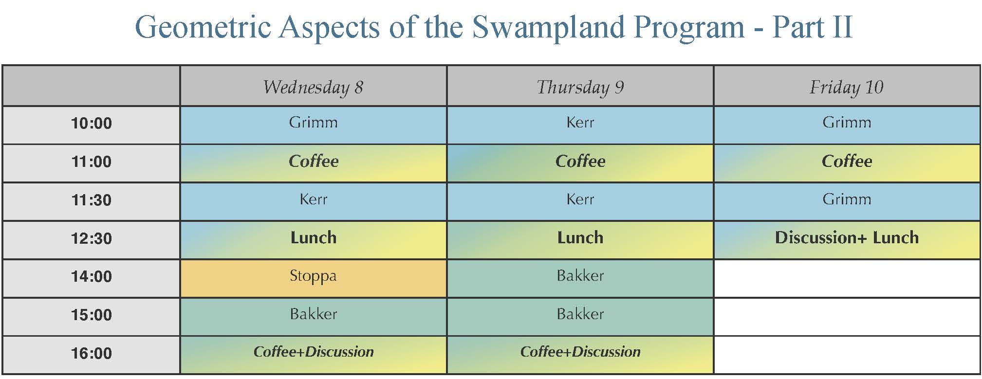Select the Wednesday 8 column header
point(313,87)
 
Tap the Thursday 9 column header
point(580,87)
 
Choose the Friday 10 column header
point(847,87)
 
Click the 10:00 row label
point(92,124)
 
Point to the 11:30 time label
point(92,200)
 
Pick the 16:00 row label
point(92,353)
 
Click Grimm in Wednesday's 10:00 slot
point(313,122)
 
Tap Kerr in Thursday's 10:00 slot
point(580,122)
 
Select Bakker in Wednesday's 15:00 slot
point(313,314)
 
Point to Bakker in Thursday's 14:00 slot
point(580,276)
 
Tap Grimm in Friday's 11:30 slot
point(847,199)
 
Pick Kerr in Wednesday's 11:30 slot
point(314,199)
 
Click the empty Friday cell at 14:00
point(847,278)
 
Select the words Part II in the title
point(813,27)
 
